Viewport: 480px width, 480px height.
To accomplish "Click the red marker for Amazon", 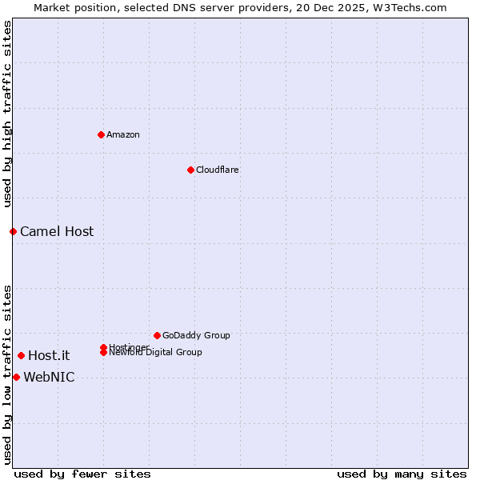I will (x=101, y=134).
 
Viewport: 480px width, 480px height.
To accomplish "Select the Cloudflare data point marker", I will (x=190, y=170).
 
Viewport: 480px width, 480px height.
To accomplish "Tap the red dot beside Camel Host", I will (x=13, y=231).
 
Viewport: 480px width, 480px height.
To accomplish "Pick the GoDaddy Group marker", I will (x=157, y=335).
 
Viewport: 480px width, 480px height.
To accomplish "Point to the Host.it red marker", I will (x=21, y=355).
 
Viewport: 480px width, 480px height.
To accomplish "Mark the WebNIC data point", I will (x=16, y=377).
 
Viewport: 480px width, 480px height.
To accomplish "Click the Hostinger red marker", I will (x=103, y=347).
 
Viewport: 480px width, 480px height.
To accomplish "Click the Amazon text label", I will (x=123, y=134).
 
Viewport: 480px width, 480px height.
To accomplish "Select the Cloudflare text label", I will (x=218, y=170).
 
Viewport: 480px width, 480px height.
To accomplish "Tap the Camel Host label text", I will (x=57, y=232).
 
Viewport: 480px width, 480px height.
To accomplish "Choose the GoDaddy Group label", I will (x=196, y=335).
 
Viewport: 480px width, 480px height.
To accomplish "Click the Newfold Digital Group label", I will (x=155, y=353).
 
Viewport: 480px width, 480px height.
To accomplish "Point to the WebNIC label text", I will (x=49, y=378).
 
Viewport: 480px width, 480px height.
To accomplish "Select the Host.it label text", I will (x=49, y=356).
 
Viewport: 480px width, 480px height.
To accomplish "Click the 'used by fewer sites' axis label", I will (x=82, y=474).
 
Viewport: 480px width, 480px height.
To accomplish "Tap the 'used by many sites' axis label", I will (x=402, y=474).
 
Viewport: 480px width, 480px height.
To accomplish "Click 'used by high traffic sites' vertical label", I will (x=7, y=114).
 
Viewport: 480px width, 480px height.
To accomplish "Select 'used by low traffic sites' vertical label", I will (x=7, y=374).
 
